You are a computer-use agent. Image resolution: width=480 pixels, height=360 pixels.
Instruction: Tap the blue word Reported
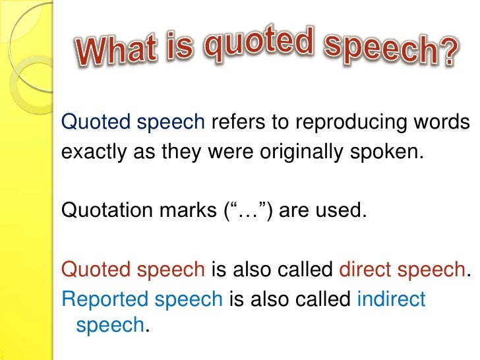(x=105, y=299)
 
